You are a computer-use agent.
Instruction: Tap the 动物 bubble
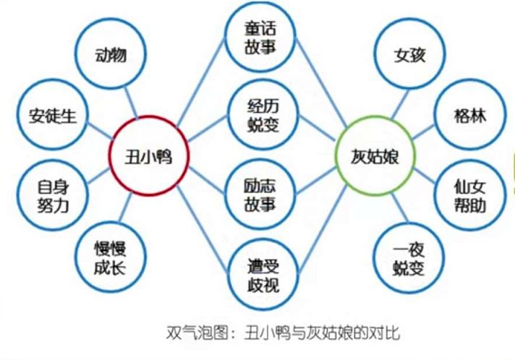tap(112, 56)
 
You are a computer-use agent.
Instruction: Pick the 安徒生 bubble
tap(46, 115)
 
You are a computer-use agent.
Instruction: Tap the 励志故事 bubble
tap(260, 194)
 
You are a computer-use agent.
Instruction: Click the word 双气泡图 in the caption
tap(187, 334)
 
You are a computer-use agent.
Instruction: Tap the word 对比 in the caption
tap(386, 334)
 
